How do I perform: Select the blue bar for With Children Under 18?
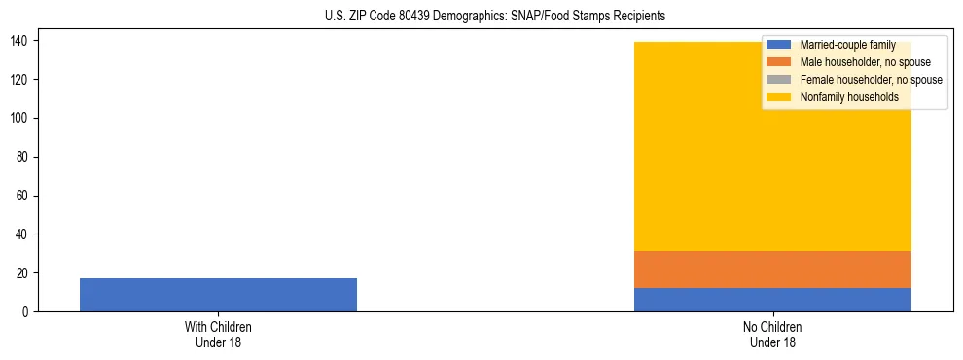(218, 295)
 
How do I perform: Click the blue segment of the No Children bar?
(772, 300)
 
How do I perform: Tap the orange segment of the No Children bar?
(772, 270)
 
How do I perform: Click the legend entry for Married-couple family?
(847, 45)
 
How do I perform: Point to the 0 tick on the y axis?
(26, 312)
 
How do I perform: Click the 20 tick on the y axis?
(23, 273)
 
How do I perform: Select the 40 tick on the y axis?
(23, 234)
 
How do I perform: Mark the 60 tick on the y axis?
(23, 196)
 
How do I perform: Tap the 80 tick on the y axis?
(23, 157)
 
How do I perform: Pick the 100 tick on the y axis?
(20, 118)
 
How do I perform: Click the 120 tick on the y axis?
(20, 79)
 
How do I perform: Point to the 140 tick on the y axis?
(20, 40)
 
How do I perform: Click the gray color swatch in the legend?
(779, 80)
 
